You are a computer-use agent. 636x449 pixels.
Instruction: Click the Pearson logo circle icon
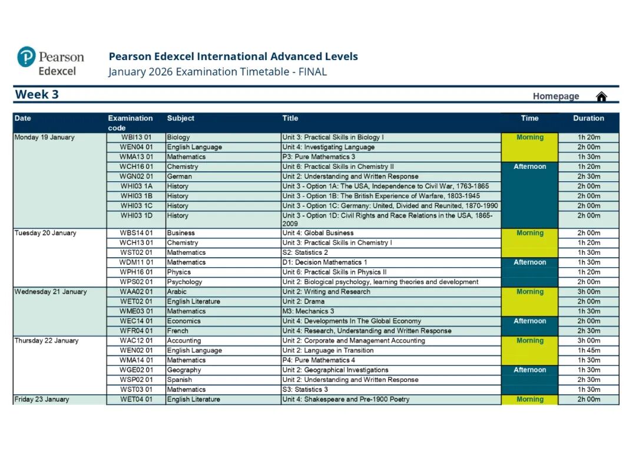[x=26, y=57]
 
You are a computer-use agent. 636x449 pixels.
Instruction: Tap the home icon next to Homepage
[x=601, y=97]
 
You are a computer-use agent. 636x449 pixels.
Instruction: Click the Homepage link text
[x=556, y=97]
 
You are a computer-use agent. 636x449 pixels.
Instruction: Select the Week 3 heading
[x=37, y=95]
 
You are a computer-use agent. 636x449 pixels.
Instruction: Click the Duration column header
[x=588, y=118]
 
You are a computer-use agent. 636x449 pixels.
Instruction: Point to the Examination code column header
[x=130, y=122]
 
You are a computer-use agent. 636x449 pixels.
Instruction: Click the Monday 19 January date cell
[x=45, y=138]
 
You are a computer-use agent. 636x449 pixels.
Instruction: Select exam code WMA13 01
[x=136, y=157]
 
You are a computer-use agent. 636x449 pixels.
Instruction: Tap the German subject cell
[x=179, y=177]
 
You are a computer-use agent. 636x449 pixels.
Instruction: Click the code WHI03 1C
[x=136, y=206]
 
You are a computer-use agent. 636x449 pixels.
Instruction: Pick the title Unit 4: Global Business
[x=318, y=233]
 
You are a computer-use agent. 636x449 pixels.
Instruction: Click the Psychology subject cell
[x=184, y=282]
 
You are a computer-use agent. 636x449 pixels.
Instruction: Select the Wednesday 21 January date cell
[x=51, y=292]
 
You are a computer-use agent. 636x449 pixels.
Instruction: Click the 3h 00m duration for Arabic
[x=588, y=292]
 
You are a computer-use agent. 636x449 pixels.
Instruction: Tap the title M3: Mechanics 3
[x=308, y=311]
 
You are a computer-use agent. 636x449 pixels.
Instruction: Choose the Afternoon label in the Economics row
[x=529, y=321]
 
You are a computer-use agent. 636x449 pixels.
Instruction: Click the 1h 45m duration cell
[x=588, y=351]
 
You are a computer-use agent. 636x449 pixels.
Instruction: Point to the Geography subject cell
[x=184, y=370]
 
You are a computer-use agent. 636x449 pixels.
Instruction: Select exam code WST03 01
[x=136, y=390]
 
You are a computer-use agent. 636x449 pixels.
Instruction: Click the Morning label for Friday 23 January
[x=529, y=400]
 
